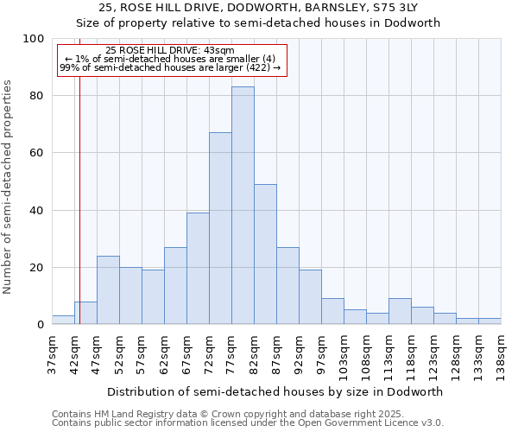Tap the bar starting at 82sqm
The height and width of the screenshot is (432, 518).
pos(265,255)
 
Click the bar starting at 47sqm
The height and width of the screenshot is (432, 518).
pos(108,290)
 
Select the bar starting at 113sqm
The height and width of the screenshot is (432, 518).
pos(400,312)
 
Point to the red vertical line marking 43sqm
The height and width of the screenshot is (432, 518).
pos(79,199)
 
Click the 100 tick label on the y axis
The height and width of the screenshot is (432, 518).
pos(33,39)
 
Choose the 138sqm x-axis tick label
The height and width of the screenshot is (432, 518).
pos(501,356)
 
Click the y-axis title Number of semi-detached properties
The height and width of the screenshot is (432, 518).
pos(9,186)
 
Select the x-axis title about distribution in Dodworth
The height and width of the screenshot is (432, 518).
pos(275,391)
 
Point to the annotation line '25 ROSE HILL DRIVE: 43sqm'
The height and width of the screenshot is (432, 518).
pos(170,51)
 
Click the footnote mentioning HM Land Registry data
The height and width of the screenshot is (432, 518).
pos(246,414)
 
